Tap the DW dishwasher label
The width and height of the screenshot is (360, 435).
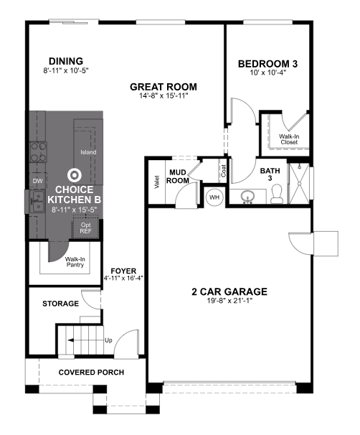click(x=37, y=181)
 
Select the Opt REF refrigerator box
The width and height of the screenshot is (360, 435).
click(x=85, y=228)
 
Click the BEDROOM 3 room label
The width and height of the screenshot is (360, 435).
click(x=267, y=64)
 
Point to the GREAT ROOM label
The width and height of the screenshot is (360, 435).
click(x=163, y=87)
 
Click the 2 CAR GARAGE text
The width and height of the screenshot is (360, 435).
click(x=229, y=291)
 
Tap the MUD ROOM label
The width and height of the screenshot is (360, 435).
click(x=179, y=177)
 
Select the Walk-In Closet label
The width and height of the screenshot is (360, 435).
click(x=289, y=139)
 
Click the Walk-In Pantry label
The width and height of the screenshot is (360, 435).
click(x=75, y=261)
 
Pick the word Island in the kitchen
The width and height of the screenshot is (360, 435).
click(x=88, y=152)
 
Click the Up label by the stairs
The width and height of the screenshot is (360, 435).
click(x=108, y=340)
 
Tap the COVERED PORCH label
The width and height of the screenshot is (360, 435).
click(x=91, y=373)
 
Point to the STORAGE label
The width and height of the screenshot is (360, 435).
click(x=60, y=304)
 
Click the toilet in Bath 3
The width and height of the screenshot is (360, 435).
click(x=276, y=193)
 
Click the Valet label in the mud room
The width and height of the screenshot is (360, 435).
click(x=156, y=182)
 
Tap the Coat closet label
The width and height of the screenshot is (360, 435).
click(x=224, y=170)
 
